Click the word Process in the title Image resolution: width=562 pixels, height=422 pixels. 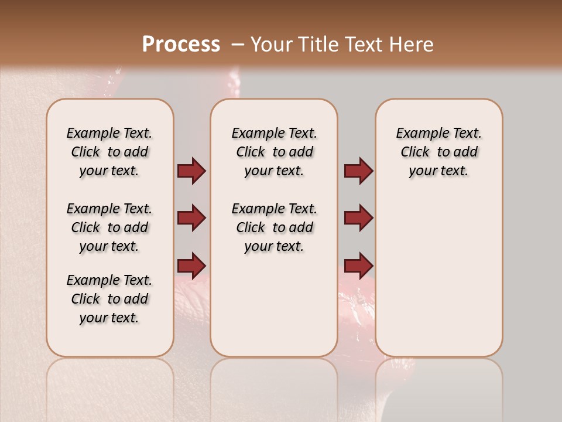pyautogui.click(x=181, y=45)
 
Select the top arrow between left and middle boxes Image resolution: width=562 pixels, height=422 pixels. pyautogui.click(x=191, y=171)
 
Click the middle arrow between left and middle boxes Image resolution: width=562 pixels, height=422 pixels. pyautogui.click(x=191, y=218)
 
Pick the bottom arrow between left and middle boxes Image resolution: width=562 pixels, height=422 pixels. pyautogui.click(x=191, y=264)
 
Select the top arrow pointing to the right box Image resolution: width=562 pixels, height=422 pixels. pyautogui.click(x=358, y=171)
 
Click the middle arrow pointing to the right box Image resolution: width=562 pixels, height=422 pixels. pyautogui.click(x=358, y=218)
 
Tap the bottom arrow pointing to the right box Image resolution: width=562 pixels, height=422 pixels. pyautogui.click(x=358, y=264)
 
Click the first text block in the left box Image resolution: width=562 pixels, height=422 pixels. pyautogui.click(x=109, y=152)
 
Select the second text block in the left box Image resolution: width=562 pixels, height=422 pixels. pyautogui.click(x=109, y=227)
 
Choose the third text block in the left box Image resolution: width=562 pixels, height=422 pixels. pyautogui.click(x=109, y=299)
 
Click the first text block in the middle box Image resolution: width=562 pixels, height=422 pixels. pyautogui.click(x=274, y=152)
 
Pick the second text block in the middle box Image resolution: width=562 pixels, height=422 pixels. pyautogui.click(x=274, y=227)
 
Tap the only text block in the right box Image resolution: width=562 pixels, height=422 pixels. pyautogui.click(x=439, y=152)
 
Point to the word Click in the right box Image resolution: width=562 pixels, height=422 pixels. pyautogui.click(x=415, y=152)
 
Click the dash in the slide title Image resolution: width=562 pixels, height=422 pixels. pyautogui.click(x=238, y=45)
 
